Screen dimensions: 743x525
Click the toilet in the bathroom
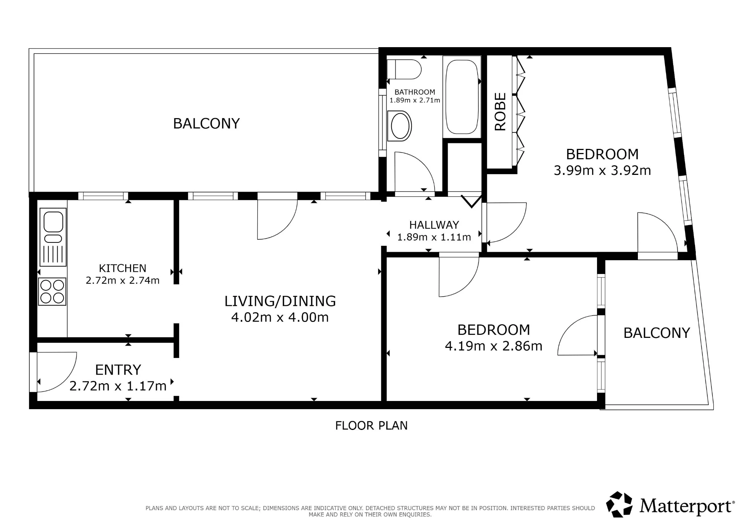[404, 69]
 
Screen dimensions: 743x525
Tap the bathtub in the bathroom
[462, 97]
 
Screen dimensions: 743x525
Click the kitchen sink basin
[53, 222]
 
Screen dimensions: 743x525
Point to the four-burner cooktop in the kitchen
[52, 291]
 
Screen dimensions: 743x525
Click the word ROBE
[500, 111]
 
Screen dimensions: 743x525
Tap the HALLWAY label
[434, 225]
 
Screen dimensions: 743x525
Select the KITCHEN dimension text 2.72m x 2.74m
[123, 280]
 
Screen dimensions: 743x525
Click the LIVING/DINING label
[280, 301]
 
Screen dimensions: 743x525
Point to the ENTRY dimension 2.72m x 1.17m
[118, 386]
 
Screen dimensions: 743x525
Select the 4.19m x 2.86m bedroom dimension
[494, 346]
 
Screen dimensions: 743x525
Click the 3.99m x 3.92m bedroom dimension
[602, 170]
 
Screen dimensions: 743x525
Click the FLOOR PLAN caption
[371, 425]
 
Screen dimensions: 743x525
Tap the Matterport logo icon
[619, 505]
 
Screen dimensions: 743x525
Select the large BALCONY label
[207, 124]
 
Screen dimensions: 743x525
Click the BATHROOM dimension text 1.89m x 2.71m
[415, 100]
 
